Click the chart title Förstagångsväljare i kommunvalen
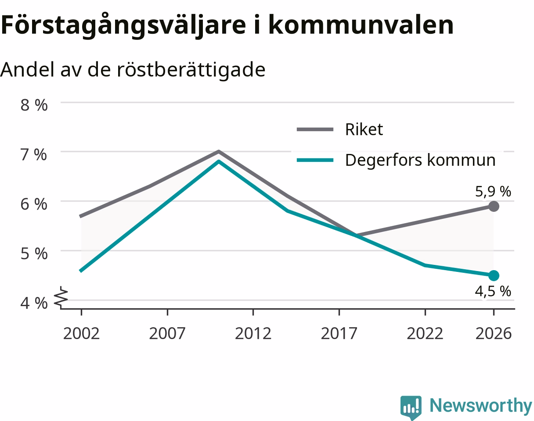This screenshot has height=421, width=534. [227, 25]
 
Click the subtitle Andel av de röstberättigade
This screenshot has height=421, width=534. [133, 70]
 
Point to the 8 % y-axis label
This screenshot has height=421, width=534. [34, 105]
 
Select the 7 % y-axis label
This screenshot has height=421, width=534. [33, 155]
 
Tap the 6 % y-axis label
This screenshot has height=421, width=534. [34, 204]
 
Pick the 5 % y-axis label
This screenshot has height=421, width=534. [34, 254]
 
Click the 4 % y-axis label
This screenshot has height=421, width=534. [34, 303]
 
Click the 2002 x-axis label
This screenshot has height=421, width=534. [81, 334]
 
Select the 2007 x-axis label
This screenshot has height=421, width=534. [167, 334]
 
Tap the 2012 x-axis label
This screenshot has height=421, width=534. [253, 334]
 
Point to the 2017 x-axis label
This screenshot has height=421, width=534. [339, 334]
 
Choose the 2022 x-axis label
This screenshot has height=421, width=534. [425, 334]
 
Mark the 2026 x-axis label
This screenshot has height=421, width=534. [494, 334]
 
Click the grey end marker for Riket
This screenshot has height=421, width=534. [494, 206]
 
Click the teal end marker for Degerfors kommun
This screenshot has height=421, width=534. [494, 275]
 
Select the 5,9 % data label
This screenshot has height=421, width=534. [493, 192]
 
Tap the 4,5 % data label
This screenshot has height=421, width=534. [493, 291]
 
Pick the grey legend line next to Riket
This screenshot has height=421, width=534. [315, 129]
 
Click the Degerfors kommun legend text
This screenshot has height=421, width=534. [420, 160]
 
